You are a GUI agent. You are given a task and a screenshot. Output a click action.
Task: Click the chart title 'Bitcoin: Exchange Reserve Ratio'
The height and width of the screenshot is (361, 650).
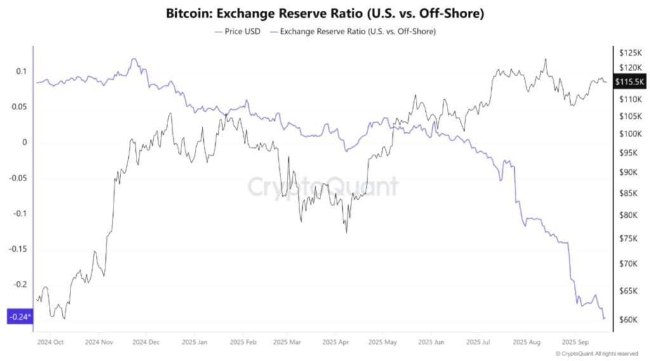pos(324,13)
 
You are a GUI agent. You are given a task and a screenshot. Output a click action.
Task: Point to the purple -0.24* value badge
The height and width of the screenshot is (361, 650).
pos(20,317)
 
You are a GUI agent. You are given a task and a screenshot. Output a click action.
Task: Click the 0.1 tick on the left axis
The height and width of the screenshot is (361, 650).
pos(21,71)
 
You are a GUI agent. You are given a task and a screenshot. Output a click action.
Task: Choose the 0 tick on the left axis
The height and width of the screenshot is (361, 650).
pos(25,142)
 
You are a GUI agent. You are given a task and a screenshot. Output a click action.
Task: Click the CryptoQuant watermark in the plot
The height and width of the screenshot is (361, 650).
pos(322,187)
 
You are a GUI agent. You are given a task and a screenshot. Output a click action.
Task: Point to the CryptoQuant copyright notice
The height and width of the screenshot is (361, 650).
pos(597,353)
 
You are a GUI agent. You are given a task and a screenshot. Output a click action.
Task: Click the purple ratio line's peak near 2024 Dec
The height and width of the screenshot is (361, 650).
pos(133,59)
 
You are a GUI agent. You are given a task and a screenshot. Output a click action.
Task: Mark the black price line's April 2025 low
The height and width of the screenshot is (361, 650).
pos(346,233)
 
